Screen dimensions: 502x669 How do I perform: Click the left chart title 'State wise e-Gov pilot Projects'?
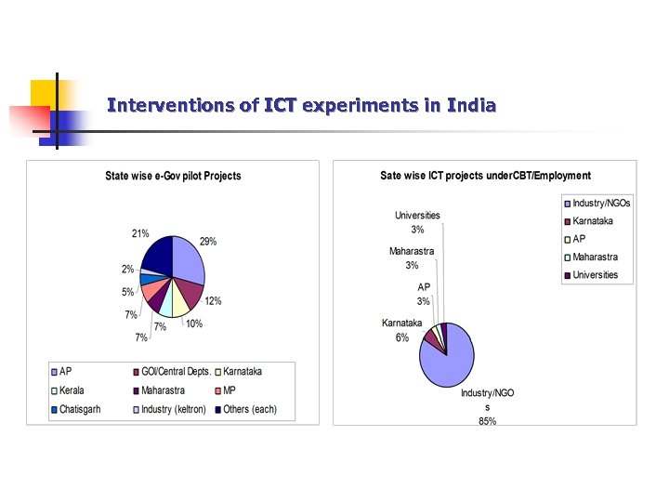coord(173,176)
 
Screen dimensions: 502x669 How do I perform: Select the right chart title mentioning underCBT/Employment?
coord(485,175)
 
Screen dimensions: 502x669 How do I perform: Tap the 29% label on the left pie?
coord(207,242)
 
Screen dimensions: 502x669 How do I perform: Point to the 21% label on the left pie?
coord(140,234)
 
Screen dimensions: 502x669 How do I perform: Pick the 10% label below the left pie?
coord(193,324)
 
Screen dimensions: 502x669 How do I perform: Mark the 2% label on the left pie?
coord(127,269)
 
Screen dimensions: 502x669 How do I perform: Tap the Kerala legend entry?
coord(73,390)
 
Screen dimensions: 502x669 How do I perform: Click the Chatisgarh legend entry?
coord(79,409)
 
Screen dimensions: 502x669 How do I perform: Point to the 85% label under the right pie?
coord(487,421)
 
